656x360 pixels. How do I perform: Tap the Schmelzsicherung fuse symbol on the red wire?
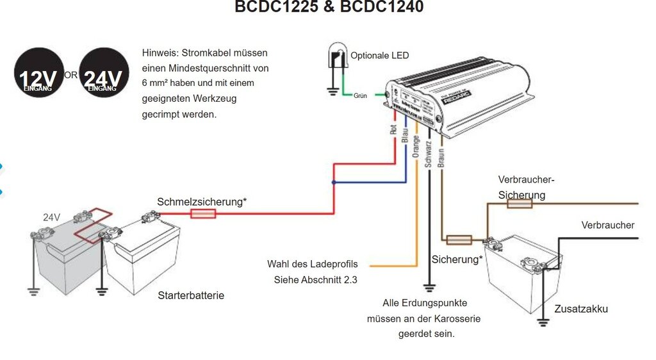click(203, 213)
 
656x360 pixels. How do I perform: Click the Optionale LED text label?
click(379, 56)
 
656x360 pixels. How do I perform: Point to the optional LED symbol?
click(336, 56)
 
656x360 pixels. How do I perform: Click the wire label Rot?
click(393, 128)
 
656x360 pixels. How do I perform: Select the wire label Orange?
click(416, 145)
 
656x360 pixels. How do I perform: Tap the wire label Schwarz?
click(428, 153)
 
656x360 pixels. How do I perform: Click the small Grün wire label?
click(359, 95)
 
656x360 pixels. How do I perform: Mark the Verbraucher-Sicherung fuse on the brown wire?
click(520, 204)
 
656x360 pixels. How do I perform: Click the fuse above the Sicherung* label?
click(459, 240)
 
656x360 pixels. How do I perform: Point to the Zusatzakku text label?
click(582, 309)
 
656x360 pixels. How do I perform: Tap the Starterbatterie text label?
click(191, 296)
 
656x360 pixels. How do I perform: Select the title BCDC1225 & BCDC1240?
click(329, 8)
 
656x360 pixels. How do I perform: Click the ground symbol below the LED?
click(332, 91)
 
